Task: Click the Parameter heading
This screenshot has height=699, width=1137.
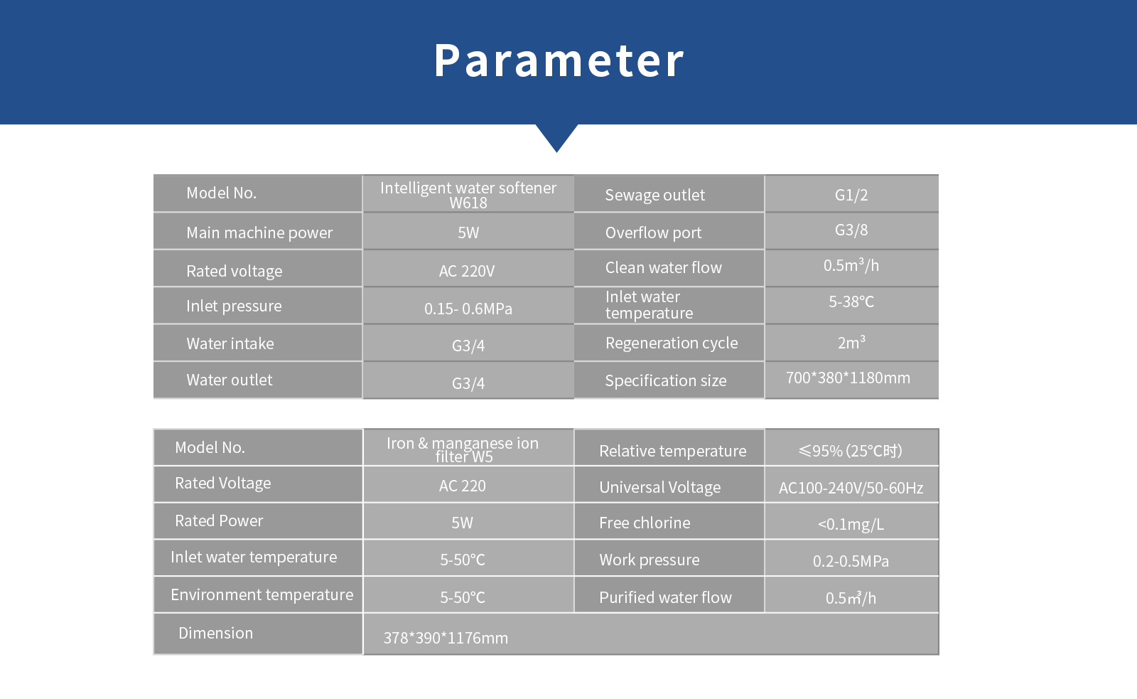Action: coord(559,60)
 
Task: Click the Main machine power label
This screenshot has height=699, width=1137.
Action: coord(259,233)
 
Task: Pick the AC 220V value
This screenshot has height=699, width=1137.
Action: coord(467,271)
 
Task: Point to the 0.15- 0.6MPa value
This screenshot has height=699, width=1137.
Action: coord(468,309)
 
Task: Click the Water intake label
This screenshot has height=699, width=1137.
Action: coord(230,343)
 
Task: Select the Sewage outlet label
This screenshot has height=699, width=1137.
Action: coord(654,195)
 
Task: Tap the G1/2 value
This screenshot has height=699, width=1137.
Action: coord(851,195)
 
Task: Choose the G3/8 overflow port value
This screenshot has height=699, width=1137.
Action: coord(851,230)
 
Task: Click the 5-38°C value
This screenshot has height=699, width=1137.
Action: coord(851,302)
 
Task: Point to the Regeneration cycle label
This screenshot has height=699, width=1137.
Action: coord(672,343)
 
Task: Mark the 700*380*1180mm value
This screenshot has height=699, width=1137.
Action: coord(848,378)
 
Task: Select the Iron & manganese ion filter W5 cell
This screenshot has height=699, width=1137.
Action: coord(463,449)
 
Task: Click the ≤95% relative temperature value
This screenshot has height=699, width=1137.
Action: coord(851,451)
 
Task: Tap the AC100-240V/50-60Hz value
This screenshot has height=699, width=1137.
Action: coord(851,488)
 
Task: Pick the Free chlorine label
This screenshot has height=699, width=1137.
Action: coord(645,523)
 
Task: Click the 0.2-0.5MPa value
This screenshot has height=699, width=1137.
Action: coord(851,561)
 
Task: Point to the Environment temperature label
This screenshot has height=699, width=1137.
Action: coord(262,594)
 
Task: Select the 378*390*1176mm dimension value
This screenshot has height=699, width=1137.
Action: coord(446,638)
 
